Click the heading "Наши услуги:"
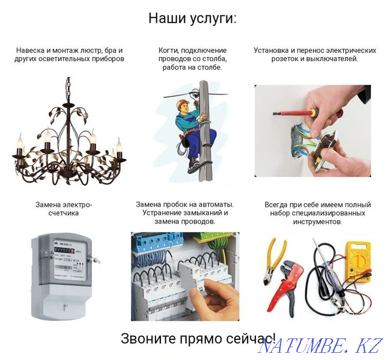193,19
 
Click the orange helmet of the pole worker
182,104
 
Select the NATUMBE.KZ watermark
321,346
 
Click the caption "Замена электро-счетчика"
64,209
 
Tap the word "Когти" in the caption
169,50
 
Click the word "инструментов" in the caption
317,222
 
